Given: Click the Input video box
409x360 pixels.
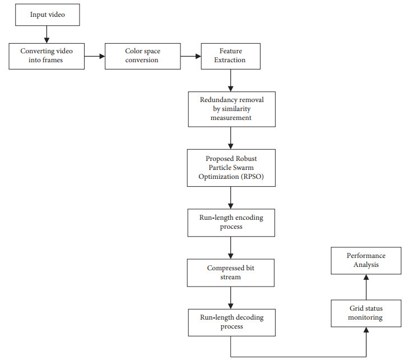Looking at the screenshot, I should [x=47, y=15].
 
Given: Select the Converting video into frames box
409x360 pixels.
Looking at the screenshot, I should [x=47, y=56].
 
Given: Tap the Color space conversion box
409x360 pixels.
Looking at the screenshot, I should [x=142, y=56].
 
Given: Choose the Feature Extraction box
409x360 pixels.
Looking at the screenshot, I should [x=231, y=56].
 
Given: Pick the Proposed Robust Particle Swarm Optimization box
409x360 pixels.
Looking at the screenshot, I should [x=231, y=168].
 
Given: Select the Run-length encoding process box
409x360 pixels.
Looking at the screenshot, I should [x=231, y=223].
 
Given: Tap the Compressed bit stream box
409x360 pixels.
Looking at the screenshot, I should [x=231, y=273].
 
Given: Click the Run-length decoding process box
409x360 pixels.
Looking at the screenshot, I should [x=231, y=322].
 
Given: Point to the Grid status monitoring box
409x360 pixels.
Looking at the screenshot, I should [x=365, y=313].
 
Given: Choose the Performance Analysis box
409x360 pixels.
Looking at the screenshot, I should [x=365, y=260].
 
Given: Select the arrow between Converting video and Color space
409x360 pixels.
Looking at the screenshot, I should [x=95, y=56].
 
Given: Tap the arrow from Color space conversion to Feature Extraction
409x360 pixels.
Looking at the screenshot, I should [x=190, y=56].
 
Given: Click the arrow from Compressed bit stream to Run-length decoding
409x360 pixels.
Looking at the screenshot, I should [x=231, y=297].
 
